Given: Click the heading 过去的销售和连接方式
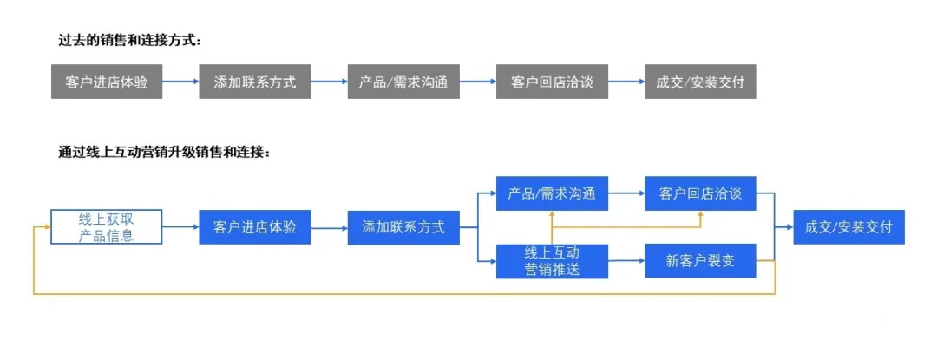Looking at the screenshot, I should pyautogui.click(x=130, y=40).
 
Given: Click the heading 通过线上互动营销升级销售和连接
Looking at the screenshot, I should pyautogui.click(x=165, y=152).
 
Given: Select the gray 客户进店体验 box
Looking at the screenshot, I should pyautogui.click(x=107, y=82).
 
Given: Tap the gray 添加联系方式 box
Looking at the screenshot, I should pyautogui.click(x=255, y=82).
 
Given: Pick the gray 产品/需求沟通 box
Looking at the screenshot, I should pyautogui.click(x=403, y=82).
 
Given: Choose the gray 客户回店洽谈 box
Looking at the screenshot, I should pyautogui.click(x=552, y=82).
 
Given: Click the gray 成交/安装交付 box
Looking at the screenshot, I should pyautogui.click(x=700, y=82).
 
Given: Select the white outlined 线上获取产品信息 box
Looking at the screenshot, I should pyautogui.click(x=107, y=227).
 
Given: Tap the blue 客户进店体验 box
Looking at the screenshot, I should pyautogui.click(x=255, y=227).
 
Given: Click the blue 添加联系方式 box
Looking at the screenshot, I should pyautogui.click(x=403, y=227).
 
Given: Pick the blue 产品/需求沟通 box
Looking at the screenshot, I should pyautogui.click(x=552, y=193).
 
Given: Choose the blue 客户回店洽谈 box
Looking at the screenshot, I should pyautogui.click(x=700, y=193).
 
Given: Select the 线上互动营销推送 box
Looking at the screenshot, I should pyautogui.click(x=552, y=261).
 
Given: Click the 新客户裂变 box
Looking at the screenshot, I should pyautogui.click(x=700, y=261).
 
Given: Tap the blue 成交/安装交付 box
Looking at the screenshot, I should pyautogui.click(x=849, y=227).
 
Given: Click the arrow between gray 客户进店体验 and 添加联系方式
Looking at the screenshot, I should pyautogui.click(x=180, y=82).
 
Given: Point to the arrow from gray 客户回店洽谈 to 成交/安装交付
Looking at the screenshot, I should pyautogui.click(x=626, y=82).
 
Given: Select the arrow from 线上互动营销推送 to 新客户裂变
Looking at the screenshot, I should pyautogui.click(x=626, y=261).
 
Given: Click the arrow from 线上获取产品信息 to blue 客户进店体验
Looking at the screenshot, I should pyautogui.click(x=180, y=227).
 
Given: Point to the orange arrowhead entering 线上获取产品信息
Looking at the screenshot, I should pyautogui.click(x=45, y=227).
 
